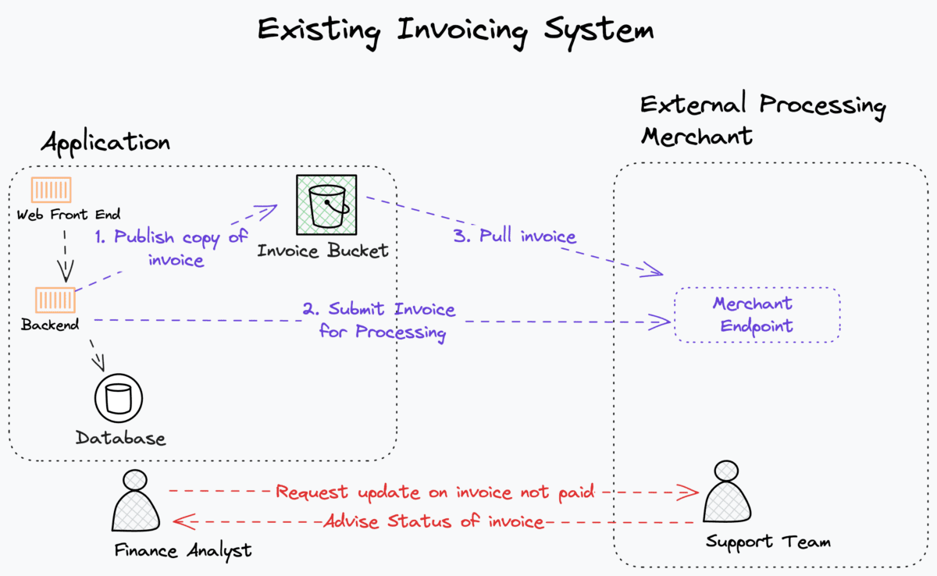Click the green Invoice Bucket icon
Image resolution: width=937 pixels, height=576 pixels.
326,204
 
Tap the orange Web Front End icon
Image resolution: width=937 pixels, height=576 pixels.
51,190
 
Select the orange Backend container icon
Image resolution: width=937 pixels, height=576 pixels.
55,300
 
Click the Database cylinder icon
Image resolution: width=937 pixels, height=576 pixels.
119,398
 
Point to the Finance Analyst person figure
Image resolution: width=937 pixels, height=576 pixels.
136,502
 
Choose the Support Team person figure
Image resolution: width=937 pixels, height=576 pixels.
727,492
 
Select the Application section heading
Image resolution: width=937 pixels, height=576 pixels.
105,144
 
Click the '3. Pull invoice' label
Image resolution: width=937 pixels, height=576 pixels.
515,236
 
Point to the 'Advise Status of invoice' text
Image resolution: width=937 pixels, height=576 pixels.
434,521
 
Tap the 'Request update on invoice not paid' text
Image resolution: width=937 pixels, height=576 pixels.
435,492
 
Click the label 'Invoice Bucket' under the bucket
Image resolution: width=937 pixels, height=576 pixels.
322,251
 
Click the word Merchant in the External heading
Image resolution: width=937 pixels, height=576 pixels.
697,137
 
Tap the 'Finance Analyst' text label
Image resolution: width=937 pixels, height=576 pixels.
183,551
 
